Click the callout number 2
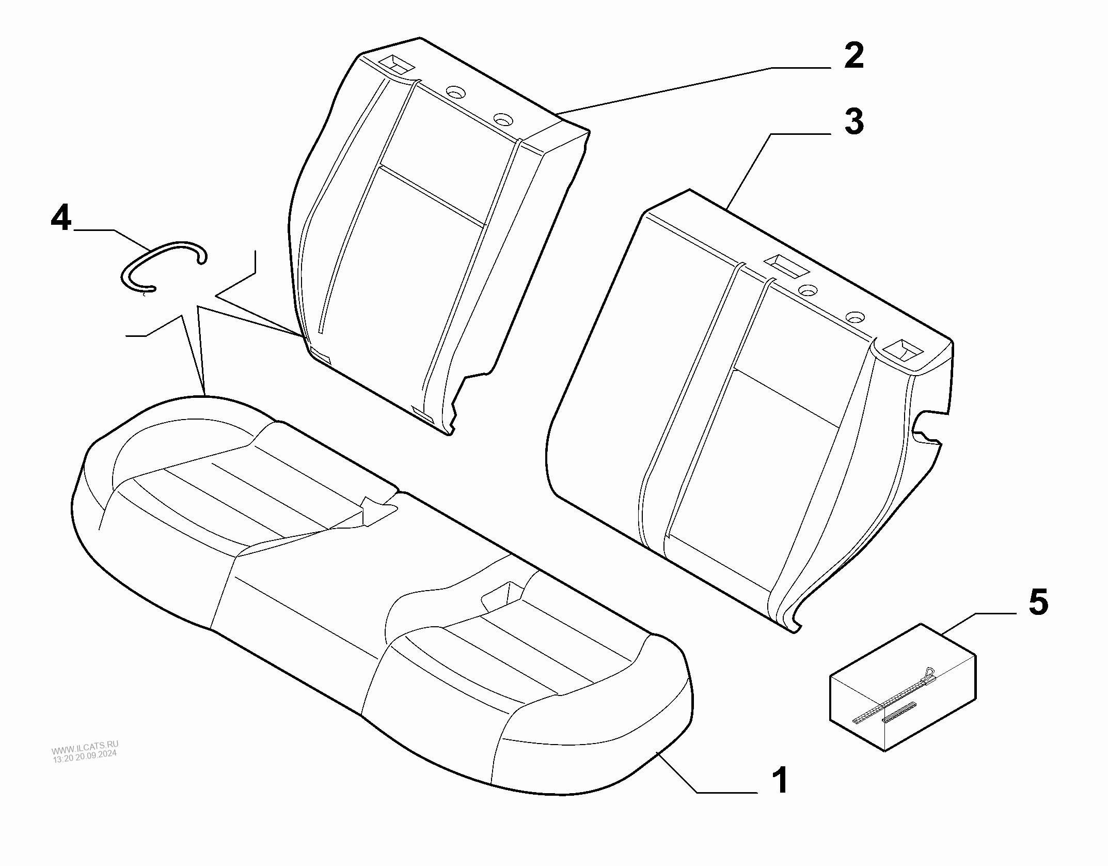point(854,57)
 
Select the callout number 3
point(854,122)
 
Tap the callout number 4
point(61,218)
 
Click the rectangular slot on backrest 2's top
point(396,65)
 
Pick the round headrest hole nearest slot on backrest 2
point(456,92)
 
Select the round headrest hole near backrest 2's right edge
point(503,120)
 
